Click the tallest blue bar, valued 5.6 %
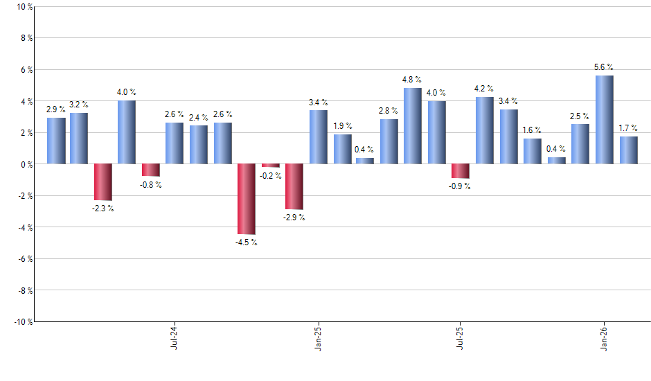tap(604, 120)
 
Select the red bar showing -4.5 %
tap(247, 200)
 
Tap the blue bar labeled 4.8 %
tap(413, 126)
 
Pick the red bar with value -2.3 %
tap(103, 182)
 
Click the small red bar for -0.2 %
tap(270, 166)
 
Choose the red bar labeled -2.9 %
tap(294, 187)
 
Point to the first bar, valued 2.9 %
tap(56, 141)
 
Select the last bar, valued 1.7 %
tap(628, 150)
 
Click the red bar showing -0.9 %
tap(460, 171)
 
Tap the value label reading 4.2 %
tap(484, 89)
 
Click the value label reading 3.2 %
tap(79, 105)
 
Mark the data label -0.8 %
tap(150, 185)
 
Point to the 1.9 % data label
tap(342, 126)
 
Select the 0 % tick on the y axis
tap(25, 164)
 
